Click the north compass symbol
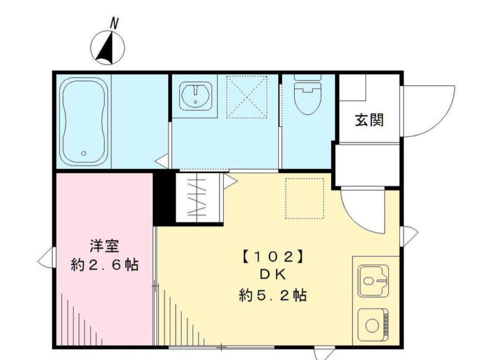coord(108,48)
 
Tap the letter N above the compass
coord(113,22)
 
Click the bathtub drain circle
coord(84,153)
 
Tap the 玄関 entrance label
coord(369,121)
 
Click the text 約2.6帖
coord(104,265)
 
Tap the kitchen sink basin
coord(373,281)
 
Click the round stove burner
coord(371,325)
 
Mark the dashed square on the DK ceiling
coord(305,198)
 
